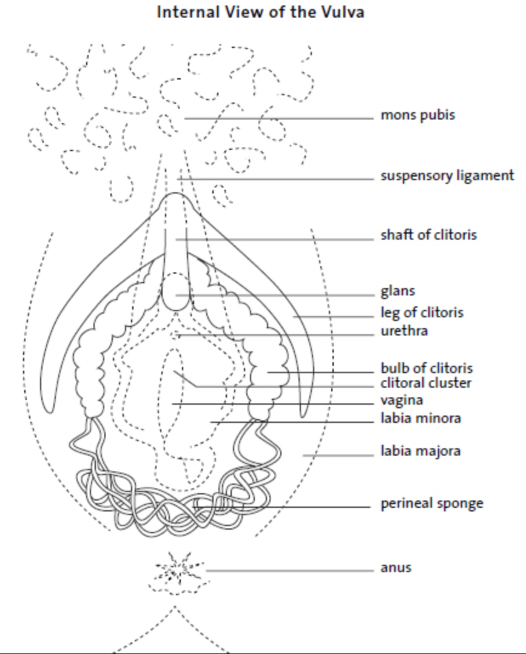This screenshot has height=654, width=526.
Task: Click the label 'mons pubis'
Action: click(x=417, y=115)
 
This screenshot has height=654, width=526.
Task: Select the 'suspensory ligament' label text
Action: click(x=447, y=176)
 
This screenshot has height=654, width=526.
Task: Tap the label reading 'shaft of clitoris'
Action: click(x=428, y=235)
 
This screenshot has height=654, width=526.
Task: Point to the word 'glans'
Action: click(x=397, y=291)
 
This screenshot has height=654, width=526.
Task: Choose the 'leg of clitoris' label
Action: click(x=422, y=312)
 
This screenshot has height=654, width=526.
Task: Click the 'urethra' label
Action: click(x=404, y=331)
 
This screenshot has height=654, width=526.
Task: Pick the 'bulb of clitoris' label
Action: click(x=427, y=368)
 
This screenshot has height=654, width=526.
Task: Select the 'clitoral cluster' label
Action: click(x=425, y=383)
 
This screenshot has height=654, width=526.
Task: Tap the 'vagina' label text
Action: click(x=402, y=400)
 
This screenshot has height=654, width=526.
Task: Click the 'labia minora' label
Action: click(x=420, y=418)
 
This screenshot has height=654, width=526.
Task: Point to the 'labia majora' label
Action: click(x=420, y=451)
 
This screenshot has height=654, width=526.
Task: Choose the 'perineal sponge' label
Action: click(x=432, y=504)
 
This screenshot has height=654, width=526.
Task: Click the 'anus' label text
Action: click(x=396, y=568)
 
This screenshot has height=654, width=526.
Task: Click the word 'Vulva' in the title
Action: click(x=342, y=12)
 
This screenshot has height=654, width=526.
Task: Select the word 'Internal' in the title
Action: click(x=188, y=12)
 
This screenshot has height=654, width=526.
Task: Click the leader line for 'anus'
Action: click(x=290, y=570)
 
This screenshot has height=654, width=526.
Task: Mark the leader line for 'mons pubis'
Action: click(x=279, y=118)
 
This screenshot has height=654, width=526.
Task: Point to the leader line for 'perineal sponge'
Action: click(x=283, y=507)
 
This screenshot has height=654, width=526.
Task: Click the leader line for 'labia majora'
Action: click(x=339, y=456)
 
